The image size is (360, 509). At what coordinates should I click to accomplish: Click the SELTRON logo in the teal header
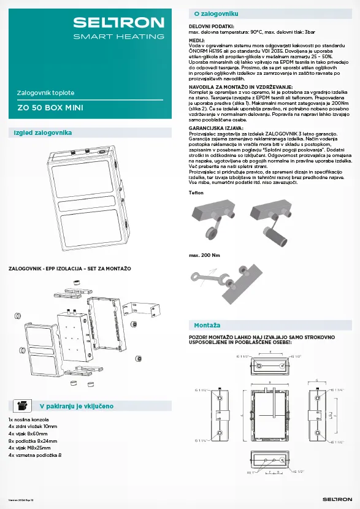pos(118,23)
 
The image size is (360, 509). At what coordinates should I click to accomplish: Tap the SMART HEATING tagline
pos(118,37)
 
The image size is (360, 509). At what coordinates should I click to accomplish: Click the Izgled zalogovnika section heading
pos(43,133)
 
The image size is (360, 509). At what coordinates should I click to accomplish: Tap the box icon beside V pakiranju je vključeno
pos(23,405)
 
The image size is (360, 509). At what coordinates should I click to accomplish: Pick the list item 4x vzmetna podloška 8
pos(35,455)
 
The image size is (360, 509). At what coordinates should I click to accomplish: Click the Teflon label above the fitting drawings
pos(196,193)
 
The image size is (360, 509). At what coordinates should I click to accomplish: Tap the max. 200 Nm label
pos(202,255)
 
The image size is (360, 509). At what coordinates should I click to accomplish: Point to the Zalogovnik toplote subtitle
pos(46,93)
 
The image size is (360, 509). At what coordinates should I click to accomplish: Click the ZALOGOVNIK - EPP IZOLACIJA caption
pos(69,269)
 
